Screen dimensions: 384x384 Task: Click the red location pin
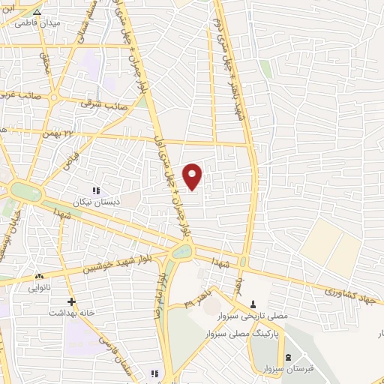coord(193,175)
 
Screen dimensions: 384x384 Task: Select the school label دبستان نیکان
coord(91,202)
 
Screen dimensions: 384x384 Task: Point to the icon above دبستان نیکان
coord(95,191)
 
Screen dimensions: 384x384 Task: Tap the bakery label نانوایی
coord(40,287)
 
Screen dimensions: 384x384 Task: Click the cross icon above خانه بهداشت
coord(71,302)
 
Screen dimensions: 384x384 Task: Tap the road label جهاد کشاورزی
coord(352,291)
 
